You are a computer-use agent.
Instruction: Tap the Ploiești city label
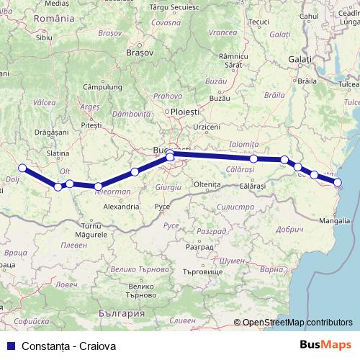[183, 112]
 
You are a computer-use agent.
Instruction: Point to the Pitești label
[91, 125]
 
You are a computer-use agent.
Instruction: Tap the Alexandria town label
[121, 207]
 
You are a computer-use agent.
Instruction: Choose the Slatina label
[58, 153]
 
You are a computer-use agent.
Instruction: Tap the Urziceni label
[207, 126]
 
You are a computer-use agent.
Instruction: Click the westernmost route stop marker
[22, 168]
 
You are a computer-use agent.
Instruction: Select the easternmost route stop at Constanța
[338, 182]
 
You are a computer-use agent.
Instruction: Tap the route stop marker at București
[170, 156]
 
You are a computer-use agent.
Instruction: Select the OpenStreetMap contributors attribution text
[297, 323]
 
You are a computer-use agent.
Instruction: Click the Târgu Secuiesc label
[174, 6]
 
